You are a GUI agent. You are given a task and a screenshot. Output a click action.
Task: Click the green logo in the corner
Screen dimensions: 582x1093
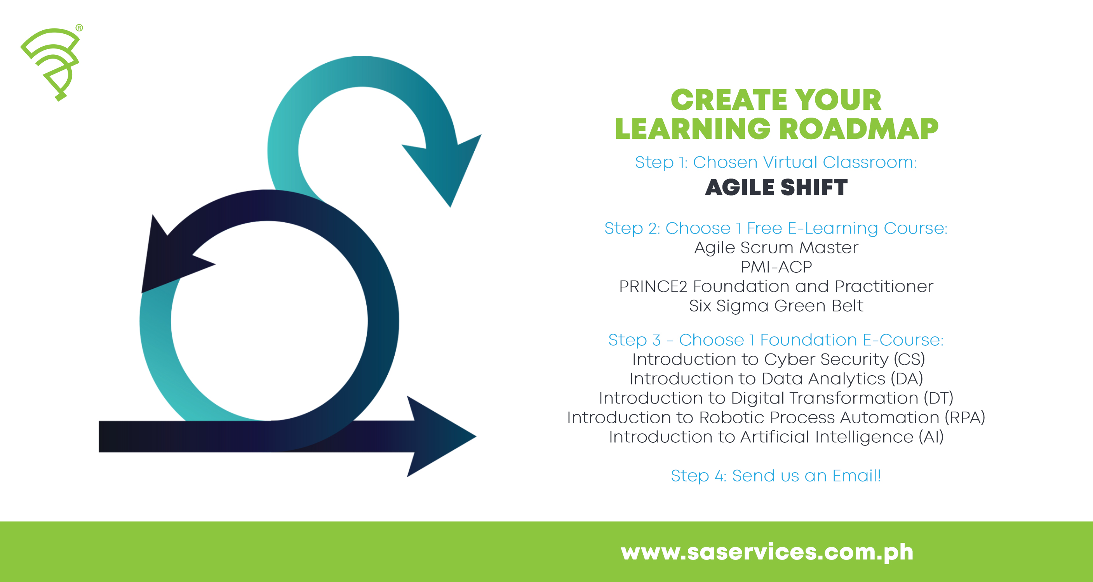(51, 61)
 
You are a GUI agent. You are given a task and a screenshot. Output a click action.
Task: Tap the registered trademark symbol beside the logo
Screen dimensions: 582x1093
(79, 28)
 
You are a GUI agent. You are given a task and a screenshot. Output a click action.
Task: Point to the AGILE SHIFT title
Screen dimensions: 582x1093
(776, 187)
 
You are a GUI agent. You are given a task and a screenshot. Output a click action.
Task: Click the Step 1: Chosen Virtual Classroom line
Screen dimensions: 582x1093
(776, 162)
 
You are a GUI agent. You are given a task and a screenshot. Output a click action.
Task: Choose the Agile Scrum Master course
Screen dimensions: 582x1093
(776, 248)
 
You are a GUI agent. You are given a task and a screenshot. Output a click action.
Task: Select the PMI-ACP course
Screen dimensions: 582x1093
(776, 267)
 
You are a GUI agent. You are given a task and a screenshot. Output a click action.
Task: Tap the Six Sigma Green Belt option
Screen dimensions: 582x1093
(776, 306)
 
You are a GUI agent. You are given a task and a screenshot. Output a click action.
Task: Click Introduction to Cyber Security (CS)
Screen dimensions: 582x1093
(778, 359)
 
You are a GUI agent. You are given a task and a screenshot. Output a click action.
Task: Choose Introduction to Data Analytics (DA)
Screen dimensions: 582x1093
(776, 379)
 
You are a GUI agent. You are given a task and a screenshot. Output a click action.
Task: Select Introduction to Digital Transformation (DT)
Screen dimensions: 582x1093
(776, 398)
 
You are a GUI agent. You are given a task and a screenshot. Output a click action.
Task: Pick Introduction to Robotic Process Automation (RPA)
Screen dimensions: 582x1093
(776, 417)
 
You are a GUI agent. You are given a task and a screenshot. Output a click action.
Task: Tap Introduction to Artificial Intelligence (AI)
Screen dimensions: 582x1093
(776, 437)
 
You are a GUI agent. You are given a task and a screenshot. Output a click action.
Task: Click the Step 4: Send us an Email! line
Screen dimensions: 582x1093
(776, 476)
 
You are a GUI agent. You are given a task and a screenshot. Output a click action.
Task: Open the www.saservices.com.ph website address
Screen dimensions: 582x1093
(767, 551)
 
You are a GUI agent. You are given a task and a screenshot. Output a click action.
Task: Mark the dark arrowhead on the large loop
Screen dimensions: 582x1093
(170, 258)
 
